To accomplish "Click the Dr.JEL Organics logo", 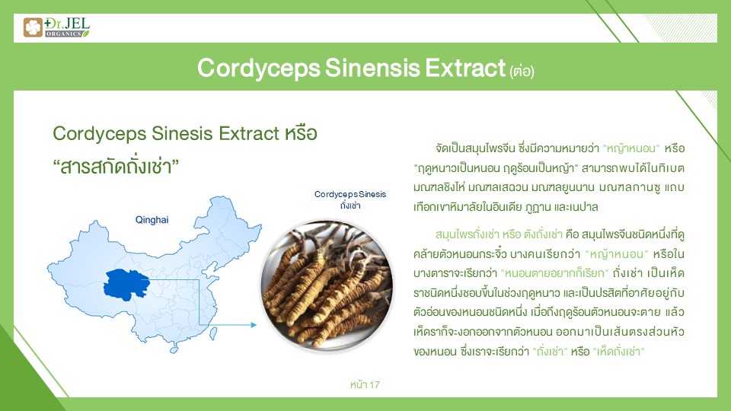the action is [56, 27].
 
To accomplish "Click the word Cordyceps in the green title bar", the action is [259, 68].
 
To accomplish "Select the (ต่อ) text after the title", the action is [522, 71].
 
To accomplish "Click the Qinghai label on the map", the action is [152, 220].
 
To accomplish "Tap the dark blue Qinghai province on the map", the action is [126, 283].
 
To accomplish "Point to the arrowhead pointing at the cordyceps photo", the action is [253, 325].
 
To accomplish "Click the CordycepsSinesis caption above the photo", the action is [350, 194].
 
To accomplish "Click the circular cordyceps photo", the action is [327, 285].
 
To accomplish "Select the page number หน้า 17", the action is [365, 385].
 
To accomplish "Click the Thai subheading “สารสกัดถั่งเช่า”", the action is [116, 167].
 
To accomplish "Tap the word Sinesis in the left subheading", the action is [182, 133].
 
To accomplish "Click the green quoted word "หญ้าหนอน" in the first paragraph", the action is [631, 148].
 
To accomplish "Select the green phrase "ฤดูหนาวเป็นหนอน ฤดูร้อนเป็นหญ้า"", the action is [496, 167].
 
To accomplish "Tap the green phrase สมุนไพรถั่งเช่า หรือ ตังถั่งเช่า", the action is [498, 234].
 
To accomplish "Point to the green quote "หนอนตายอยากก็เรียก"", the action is [555, 273].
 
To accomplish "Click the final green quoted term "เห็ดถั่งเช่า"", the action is [618, 352].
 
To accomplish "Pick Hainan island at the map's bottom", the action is [174, 349].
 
